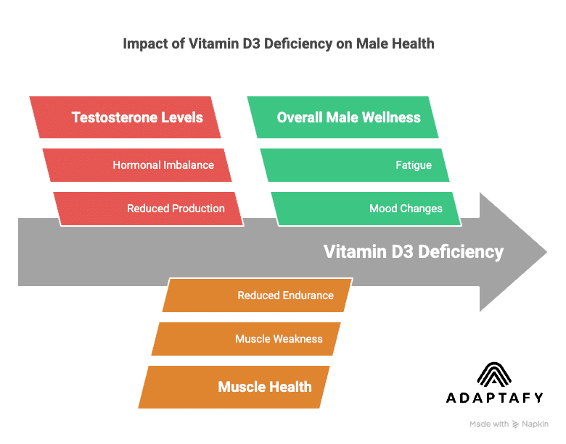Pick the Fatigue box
[x=356, y=165]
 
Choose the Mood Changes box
[x=366, y=209]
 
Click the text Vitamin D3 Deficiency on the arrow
[x=413, y=252]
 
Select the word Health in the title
[x=413, y=43]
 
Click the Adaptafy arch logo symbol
[x=494, y=375]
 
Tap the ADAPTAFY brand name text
[x=494, y=398]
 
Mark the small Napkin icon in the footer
[x=516, y=424]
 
